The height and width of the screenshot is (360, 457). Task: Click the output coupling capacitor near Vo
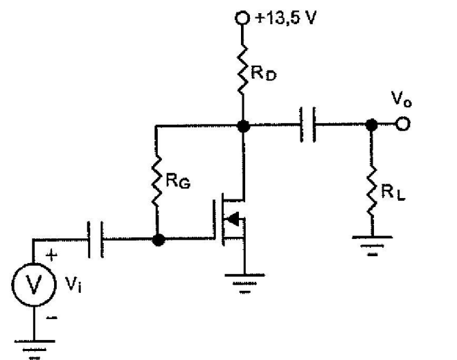(x=308, y=125)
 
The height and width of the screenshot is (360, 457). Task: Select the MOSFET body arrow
(x=235, y=220)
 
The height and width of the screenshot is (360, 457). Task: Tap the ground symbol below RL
(x=372, y=244)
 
